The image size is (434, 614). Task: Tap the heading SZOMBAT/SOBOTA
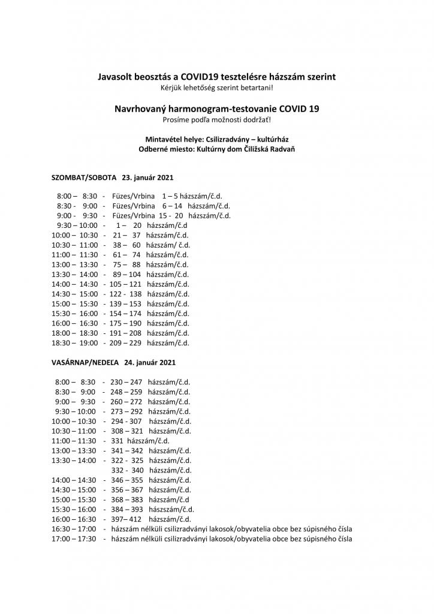point(85,178)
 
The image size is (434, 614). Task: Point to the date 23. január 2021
point(147,178)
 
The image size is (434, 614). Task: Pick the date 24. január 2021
point(150,363)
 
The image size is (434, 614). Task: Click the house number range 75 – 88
point(126,264)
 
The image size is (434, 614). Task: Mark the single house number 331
point(117,440)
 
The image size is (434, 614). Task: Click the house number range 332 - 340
point(127,470)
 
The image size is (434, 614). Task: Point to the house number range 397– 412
point(126,519)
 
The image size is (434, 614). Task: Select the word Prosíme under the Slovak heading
point(176,120)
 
